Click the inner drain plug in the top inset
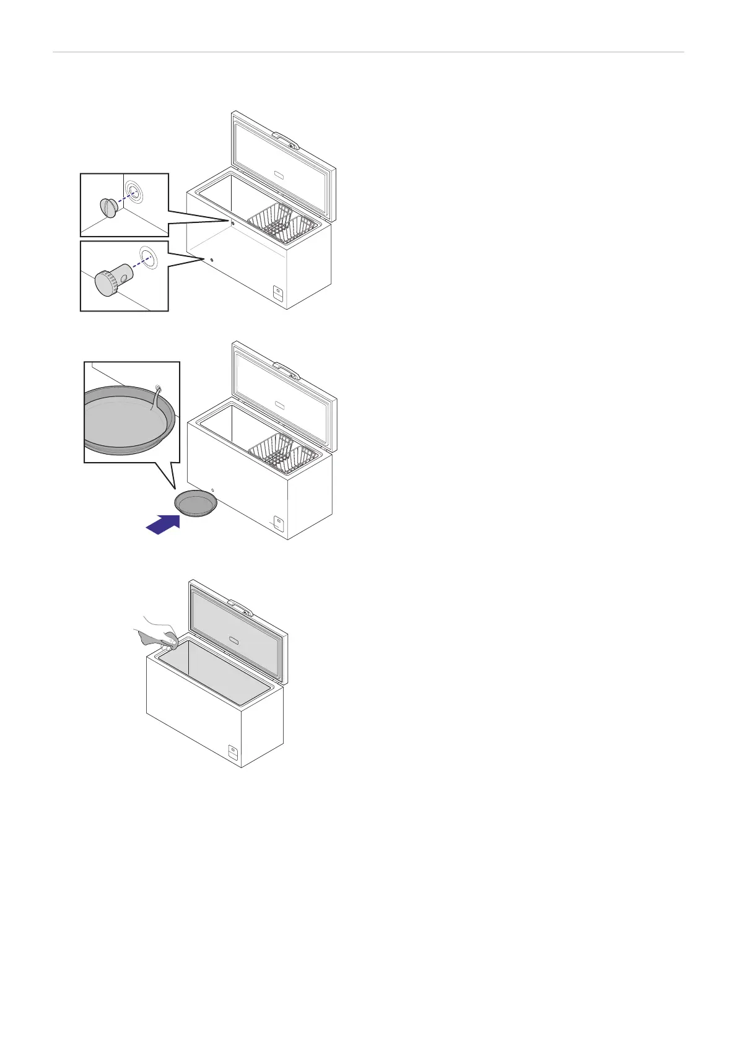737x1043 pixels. tap(108, 207)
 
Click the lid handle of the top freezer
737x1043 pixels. tap(286, 139)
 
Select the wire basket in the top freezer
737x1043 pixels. tap(284, 222)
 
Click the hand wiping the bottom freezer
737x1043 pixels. tap(158, 632)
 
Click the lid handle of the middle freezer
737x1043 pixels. tap(286, 370)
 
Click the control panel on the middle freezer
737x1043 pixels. tap(279, 524)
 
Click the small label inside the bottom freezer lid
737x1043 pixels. tap(233, 639)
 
